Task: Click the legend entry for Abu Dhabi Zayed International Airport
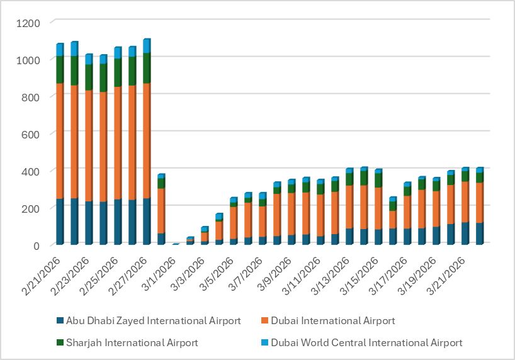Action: [x=149, y=321]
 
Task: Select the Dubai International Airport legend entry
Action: [x=332, y=321]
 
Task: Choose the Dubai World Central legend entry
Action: [x=367, y=342]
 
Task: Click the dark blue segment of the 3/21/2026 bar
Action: [x=465, y=233]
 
